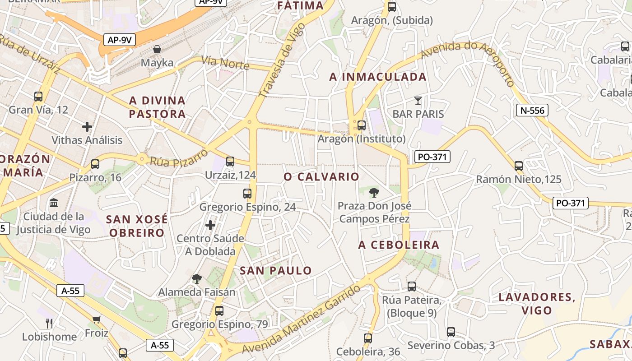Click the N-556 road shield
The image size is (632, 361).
coord(532,110)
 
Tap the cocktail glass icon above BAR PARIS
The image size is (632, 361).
coord(418,100)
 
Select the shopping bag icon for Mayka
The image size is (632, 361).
coord(157,49)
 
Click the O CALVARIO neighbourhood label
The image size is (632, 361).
coord(321,177)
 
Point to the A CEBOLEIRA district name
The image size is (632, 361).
coord(399,245)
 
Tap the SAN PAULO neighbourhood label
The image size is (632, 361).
coord(275,271)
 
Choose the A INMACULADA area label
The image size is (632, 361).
coord(378,77)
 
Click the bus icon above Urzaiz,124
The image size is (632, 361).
coord(230,162)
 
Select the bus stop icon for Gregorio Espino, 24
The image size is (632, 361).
coord(247,194)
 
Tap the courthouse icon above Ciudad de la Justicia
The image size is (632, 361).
coord(54,203)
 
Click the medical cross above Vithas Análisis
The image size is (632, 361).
coord(87,127)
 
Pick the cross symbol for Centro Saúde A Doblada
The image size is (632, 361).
coord(210,225)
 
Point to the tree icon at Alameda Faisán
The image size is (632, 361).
coord(196,278)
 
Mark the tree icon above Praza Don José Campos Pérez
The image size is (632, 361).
coord(374,193)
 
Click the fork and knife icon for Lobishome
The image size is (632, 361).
coord(49,323)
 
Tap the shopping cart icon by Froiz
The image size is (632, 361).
coord(97,319)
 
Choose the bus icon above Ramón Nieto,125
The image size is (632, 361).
coord(519,166)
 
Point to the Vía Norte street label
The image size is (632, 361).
coord(225,63)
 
